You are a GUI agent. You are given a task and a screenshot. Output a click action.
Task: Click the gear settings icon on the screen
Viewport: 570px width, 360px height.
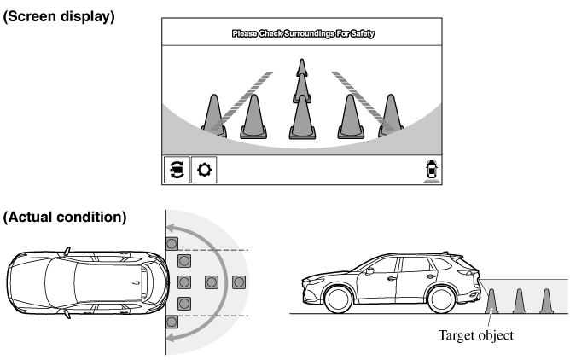click(x=204, y=170)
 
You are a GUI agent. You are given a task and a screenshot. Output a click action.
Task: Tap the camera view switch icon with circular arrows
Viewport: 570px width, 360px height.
click(x=177, y=170)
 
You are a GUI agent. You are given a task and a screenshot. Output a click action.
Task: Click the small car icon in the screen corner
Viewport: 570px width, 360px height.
click(x=432, y=170)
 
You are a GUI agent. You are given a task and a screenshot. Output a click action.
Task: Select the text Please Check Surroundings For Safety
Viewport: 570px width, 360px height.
click(x=303, y=34)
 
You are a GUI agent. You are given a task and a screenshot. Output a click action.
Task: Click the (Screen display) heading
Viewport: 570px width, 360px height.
click(x=59, y=16)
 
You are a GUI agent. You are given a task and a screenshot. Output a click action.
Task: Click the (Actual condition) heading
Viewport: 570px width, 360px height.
click(x=65, y=218)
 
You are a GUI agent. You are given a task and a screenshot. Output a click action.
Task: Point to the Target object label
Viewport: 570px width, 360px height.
click(x=476, y=335)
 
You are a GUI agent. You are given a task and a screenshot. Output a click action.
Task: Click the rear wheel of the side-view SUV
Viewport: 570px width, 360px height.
click(x=442, y=299)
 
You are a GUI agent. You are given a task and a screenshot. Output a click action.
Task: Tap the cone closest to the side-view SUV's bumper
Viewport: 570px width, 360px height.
click(x=491, y=301)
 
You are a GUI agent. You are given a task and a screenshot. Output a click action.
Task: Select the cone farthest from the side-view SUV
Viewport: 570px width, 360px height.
click(x=546, y=301)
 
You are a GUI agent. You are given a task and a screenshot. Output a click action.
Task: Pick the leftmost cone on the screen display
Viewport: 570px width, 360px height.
click(x=214, y=116)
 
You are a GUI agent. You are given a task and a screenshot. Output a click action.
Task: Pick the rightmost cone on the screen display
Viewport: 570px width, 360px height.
click(x=391, y=115)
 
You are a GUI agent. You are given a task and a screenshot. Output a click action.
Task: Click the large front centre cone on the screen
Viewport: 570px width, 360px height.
click(x=302, y=117)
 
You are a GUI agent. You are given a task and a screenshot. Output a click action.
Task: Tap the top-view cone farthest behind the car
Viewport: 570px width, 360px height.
click(x=239, y=282)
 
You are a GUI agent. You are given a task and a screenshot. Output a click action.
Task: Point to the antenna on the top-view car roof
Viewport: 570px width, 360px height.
click(x=136, y=283)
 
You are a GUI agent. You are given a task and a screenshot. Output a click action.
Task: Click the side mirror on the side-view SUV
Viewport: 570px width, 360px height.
click(x=369, y=271)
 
